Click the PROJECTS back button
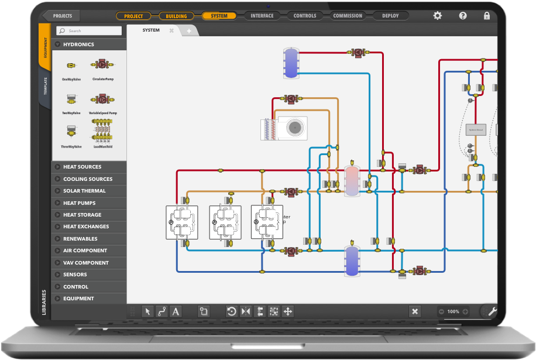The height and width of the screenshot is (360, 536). pos(60,16)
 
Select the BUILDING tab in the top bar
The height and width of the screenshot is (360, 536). pos(177,16)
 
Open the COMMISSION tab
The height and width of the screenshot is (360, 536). pos(348,16)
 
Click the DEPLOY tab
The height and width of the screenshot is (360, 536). pos(390,16)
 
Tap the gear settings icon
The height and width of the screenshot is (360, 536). pos(438,16)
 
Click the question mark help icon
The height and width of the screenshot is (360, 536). pos(463,16)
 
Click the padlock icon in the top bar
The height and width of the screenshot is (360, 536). pos(487,16)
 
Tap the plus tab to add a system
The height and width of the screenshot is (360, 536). pos(189,30)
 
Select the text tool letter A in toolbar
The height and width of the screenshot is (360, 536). pos(176,311)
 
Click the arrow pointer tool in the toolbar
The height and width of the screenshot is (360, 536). pos(147,311)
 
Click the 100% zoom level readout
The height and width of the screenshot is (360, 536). pos(453,311)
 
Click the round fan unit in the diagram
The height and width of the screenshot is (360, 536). pos(295,127)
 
